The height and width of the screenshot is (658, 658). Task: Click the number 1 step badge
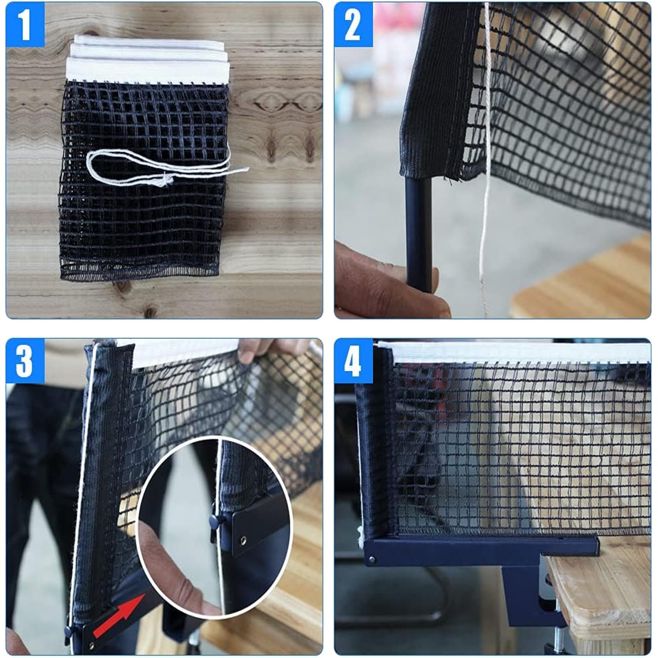click(25, 25)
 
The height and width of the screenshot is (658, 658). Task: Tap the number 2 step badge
click(353, 25)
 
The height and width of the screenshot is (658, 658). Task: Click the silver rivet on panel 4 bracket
click(372, 559)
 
